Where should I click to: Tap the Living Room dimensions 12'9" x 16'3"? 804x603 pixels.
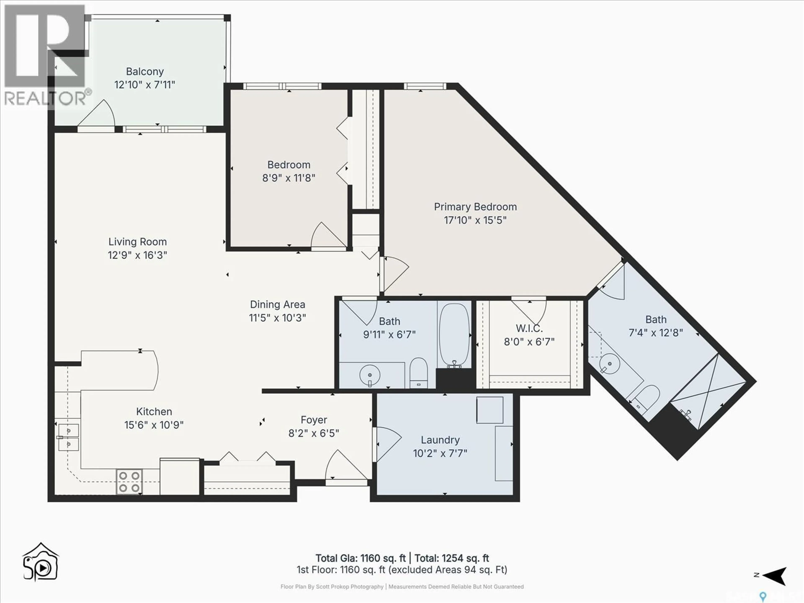137,255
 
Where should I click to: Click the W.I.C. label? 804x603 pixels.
529,328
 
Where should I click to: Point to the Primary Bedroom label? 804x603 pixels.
475,207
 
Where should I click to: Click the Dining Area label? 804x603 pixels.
277,305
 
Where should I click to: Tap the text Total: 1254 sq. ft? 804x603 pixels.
452,558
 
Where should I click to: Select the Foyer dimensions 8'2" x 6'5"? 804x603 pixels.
314,433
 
